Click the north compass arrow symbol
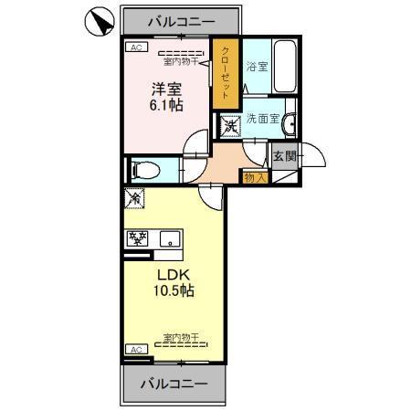coord(100,20)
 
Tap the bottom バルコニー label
coord(174,383)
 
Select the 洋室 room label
coord(166,90)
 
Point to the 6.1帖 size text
coord(166,106)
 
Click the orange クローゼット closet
coord(226,72)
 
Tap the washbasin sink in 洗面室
coord(288,125)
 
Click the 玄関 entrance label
coord(285,156)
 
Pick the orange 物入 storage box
coord(254,177)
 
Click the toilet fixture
coord(146,170)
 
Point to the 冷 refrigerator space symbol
coord(135,197)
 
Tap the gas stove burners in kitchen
coord(138,239)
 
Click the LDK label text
coord(173,274)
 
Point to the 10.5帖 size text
coord(173,291)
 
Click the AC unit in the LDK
coord(135,350)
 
